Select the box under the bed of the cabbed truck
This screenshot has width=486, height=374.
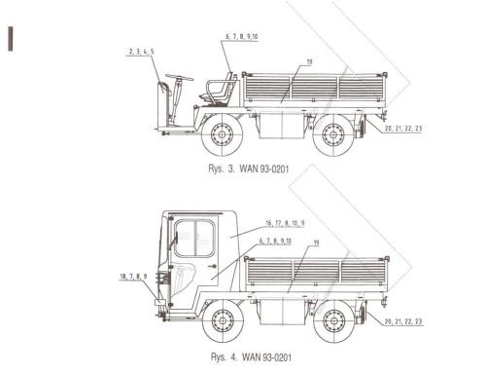point(280,311)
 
